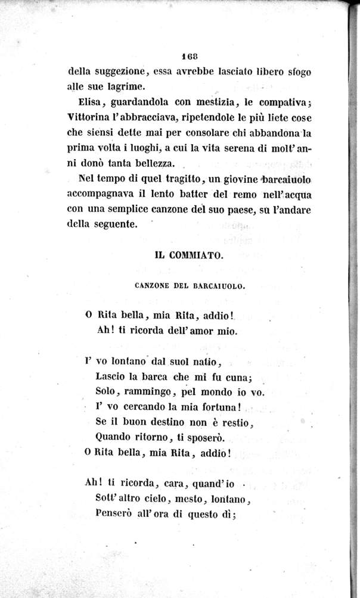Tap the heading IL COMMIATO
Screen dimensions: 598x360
click(188, 255)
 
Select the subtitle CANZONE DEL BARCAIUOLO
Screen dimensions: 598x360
click(188, 286)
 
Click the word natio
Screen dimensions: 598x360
click(204, 362)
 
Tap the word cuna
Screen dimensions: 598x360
click(241, 376)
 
